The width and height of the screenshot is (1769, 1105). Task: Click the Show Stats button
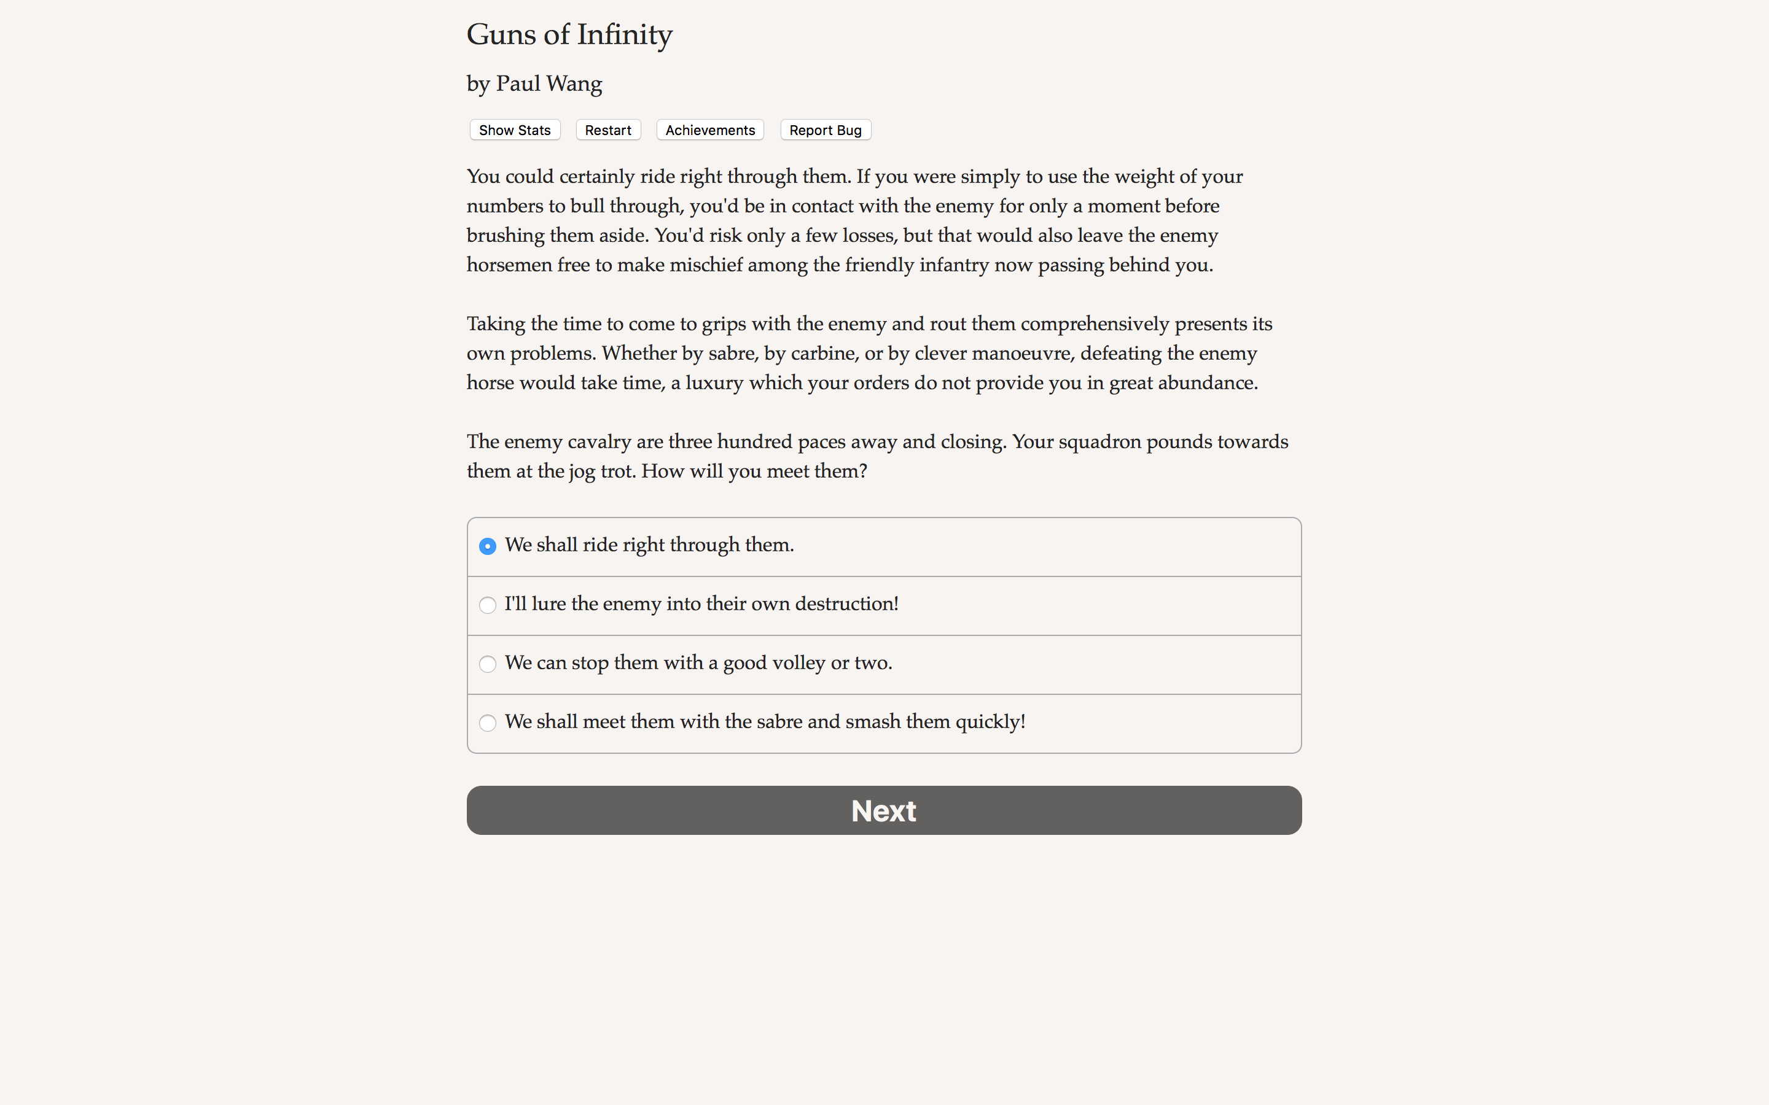tap(515, 130)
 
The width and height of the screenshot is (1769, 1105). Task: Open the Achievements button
tap(710, 130)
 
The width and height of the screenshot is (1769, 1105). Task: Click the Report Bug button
tap(826, 130)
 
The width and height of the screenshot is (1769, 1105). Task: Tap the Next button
tap(884, 810)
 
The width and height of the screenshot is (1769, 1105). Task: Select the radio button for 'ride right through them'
tap(488, 546)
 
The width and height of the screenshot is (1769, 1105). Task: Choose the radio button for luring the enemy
tap(488, 605)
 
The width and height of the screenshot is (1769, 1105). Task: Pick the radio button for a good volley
tap(488, 664)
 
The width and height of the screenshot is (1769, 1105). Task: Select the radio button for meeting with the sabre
tap(488, 723)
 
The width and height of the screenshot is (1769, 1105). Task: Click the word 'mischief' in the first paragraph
tap(705, 265)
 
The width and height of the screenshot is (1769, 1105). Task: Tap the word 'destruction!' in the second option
tap(846, 603)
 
